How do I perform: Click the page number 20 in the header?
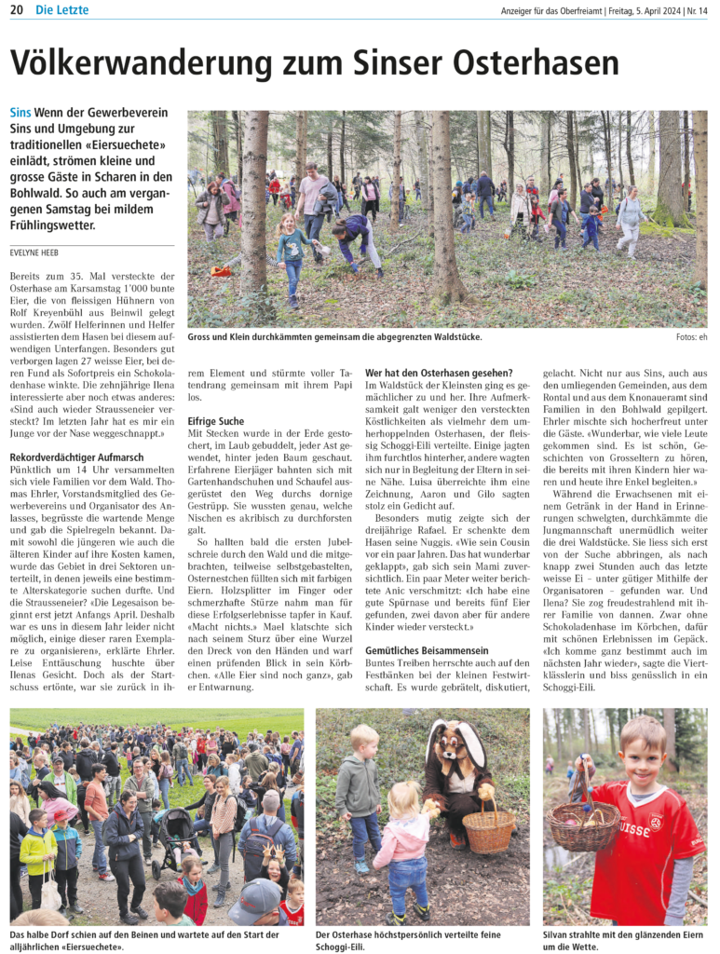[x=17, y=10]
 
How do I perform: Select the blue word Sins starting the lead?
[x=20, y=113]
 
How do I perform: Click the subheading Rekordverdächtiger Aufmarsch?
[x=75, y=457]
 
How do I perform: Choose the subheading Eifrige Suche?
[x=216, y=421]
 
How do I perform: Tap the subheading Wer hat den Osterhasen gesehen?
[x=439, y=373]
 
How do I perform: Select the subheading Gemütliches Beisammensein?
[x=427, y=649]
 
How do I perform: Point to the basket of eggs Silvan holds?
[x=582, y=825]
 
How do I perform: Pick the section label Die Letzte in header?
[x=62, y=10]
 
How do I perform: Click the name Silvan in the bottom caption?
[x=559, y=934]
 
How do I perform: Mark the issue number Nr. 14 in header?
[x=697, y=10]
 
